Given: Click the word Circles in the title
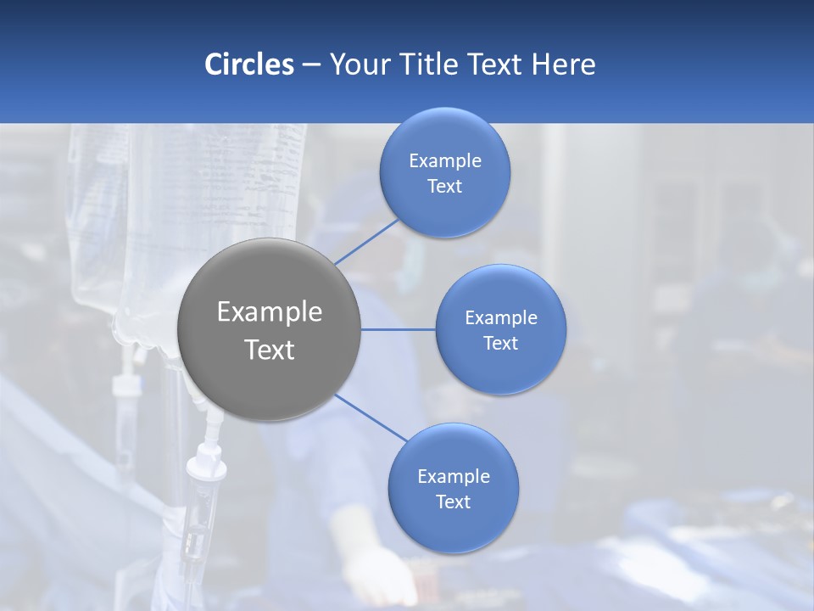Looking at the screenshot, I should (249, 64).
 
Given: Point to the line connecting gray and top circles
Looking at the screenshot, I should (366, 242).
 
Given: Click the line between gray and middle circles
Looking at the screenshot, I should (398, 329).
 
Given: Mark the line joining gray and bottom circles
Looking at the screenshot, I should (371, 417).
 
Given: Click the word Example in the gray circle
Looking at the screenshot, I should (270, 312).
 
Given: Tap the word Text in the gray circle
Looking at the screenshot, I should (270, 350).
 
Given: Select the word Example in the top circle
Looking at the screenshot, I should (445, 161).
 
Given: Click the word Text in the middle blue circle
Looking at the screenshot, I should (500, 344).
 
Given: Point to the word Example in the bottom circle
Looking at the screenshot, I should (453, 477).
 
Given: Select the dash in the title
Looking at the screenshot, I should (310, 65).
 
